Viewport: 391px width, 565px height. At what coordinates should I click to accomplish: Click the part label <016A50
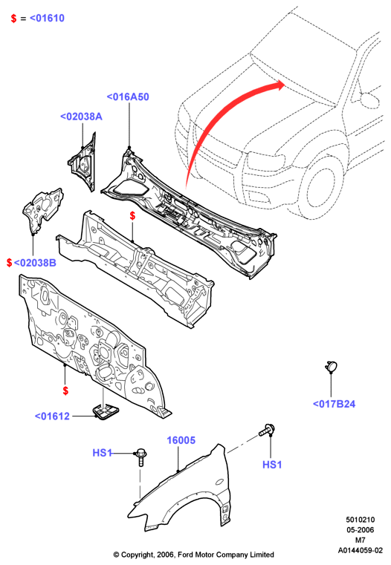click(128, 97)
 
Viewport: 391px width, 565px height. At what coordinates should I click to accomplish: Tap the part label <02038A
click(81, 117)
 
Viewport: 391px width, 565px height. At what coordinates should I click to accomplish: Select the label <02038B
click(35, 263)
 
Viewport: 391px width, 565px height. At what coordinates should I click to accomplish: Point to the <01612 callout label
click(52, 417)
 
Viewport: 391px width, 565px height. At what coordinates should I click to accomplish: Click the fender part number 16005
click(181, 440)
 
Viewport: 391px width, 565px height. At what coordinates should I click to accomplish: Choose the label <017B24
click(334, 404)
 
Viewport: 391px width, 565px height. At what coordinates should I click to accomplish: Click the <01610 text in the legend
click(47, 18)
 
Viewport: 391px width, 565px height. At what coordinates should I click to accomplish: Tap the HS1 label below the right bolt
click(272, 465)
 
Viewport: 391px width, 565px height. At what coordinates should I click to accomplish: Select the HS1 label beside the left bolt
click(102, 453)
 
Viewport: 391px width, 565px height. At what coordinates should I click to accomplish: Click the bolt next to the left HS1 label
click(140, 457)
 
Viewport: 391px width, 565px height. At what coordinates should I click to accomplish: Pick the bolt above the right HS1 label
click(268, 430)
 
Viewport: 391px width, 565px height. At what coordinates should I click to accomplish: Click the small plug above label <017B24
click(331, 366)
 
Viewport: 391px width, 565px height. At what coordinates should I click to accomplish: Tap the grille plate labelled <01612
click(106, 411)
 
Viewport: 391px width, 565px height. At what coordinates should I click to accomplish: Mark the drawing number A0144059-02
click(361, 550)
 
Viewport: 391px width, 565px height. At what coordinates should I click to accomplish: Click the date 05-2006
click(361, 529)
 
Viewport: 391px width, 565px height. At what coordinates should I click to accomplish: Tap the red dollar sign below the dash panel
click(65, 391)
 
